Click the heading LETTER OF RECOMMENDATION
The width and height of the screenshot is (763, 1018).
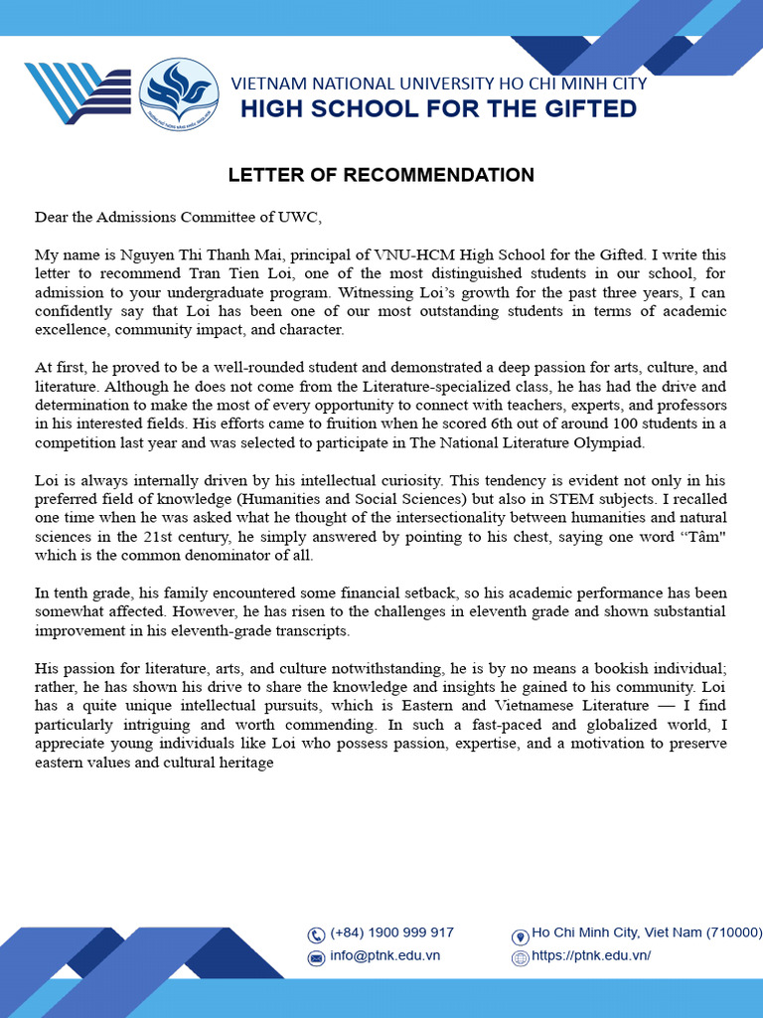381,176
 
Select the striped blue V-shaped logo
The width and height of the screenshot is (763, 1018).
76,93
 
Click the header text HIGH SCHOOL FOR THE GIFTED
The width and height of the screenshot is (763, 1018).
438,108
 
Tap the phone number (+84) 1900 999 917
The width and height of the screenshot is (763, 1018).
391,933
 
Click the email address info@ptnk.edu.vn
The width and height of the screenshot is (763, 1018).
384,956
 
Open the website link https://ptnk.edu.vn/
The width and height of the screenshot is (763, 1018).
591,956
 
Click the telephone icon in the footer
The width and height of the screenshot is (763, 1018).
317,934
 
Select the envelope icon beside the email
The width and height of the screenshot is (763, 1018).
317,958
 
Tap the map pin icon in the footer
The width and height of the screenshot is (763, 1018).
520,935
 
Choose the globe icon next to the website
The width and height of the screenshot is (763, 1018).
520,958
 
